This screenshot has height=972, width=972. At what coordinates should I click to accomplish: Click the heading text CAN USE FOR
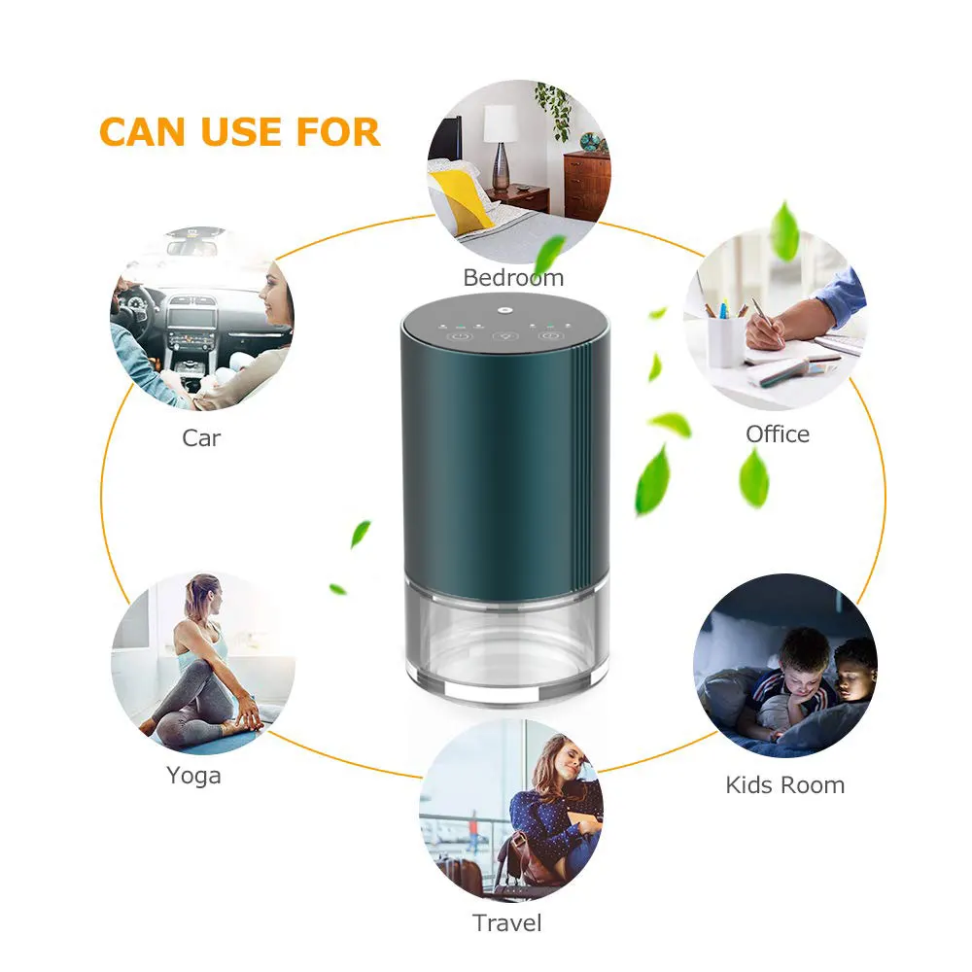coord(239,132)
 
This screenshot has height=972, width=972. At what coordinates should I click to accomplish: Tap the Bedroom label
coord(512,278)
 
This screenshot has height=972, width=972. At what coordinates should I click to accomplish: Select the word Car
coord(201,438)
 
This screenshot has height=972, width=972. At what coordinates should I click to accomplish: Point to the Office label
coord(777,434)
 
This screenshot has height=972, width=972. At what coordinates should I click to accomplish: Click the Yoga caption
coord(193,776)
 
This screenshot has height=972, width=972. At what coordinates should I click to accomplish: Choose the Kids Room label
coord(784,784)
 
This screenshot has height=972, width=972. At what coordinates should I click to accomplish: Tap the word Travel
coord(506,922)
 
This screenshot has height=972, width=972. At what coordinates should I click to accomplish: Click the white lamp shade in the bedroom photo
coord(501,122)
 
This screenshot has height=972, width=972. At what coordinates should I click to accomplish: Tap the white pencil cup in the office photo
coord(725,341)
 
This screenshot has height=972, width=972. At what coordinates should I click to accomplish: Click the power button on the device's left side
coord(461,336)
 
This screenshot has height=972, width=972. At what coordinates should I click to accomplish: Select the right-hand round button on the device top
coord(550,336)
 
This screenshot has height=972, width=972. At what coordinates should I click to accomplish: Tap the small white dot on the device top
coord(506,313)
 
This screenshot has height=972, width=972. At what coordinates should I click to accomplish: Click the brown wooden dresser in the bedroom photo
coord(586,184)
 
